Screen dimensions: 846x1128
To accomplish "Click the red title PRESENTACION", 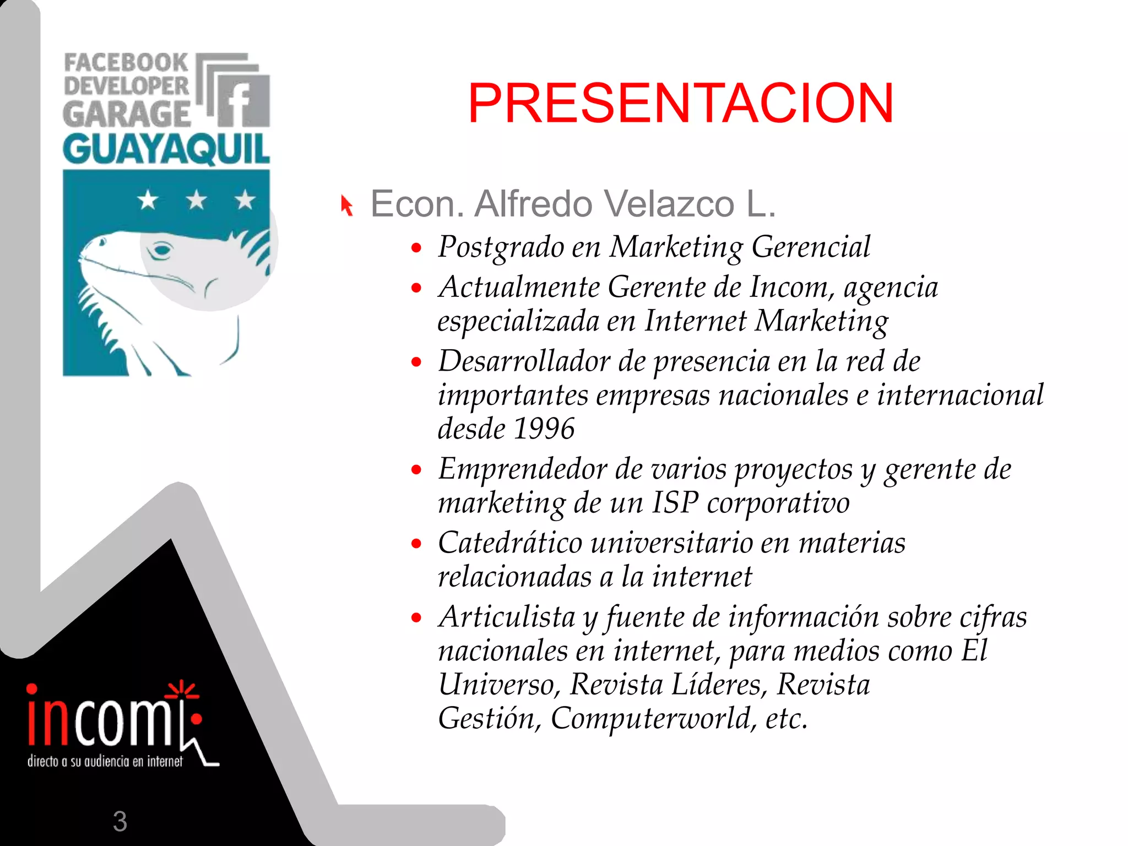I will pyautogui.click(x=681, y=104).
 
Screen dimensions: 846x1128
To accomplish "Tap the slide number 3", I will pyautogui.click(x=120, y=821).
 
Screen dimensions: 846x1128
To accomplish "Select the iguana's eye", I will pyautogui.click(x=161, y=251).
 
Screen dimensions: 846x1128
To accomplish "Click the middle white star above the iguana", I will pyautogui.click(x=197, y=199).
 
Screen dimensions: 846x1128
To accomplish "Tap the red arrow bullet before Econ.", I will pyautogui.click(x=346, y=205).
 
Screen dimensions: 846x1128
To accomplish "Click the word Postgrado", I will pyautogui.click(x=501, y=246).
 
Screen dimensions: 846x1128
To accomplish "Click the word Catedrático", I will pyautogui.click(x=510, y=543).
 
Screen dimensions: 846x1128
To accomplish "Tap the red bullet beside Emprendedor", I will pyautogui.click(x=416, y=470).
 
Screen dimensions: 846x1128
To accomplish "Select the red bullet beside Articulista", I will pyautogui.click(x=416, y=617).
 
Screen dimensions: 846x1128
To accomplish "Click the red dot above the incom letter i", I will pyautogui.click(x=32, y=689).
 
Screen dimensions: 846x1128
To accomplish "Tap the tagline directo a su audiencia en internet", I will pyautogui.click(x=105, y=762).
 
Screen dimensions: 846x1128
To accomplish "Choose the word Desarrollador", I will pyautogui.click(x=524, y=361).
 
